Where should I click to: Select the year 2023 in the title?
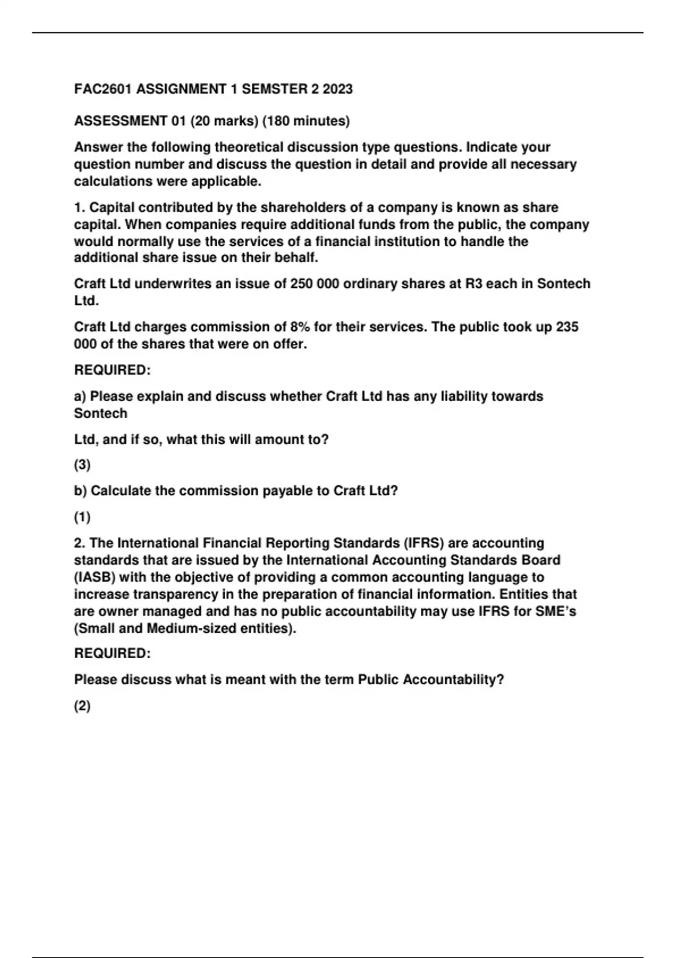337,89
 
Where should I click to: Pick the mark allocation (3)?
82,465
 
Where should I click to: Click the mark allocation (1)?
82,517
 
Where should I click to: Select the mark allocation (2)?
82,706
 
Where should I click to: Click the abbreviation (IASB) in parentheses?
95,577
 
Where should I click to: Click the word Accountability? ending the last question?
453,680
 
